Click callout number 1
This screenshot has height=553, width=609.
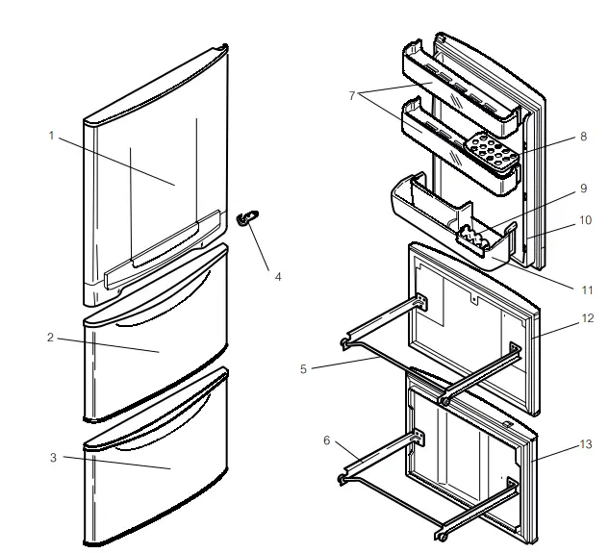(x=51, y=136)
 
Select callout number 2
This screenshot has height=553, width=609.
(x=51, y=338)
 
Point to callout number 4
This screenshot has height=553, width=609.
(x=278, y=276)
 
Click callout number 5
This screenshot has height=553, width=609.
(x=303, y=368)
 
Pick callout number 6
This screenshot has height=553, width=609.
(x=326, y=440)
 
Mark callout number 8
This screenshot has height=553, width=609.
(x=583, y=137)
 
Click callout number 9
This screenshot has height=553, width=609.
(x=583, y=189)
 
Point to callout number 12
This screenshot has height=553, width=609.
(x=588, y=318)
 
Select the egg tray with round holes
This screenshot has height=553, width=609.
(x=492, y=151)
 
